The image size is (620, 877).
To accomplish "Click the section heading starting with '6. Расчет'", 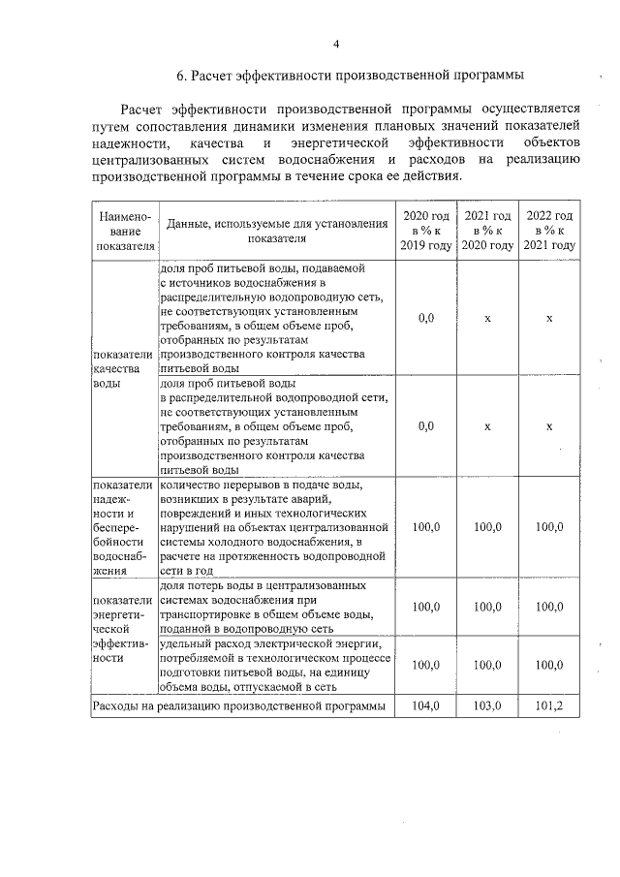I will click(x=351, y=75).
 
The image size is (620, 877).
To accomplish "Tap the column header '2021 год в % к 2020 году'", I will click(x=487, y=231).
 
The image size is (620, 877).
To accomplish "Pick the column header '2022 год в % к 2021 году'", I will click(x=549, y=231).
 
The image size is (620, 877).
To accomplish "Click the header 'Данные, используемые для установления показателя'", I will click(x=276, y=231).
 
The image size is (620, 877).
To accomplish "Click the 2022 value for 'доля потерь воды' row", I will click(x=549, y=607).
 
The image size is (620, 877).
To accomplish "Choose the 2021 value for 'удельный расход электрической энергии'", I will click(x=487, y=666).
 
